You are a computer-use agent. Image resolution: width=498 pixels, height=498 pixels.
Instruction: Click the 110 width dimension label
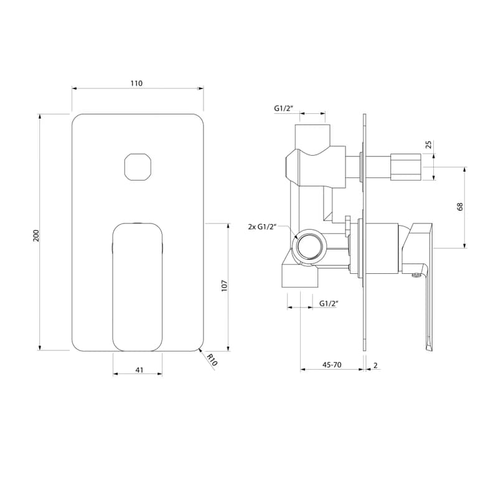coord(136,83)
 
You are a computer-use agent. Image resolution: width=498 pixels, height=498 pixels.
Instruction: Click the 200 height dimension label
coord(36,235)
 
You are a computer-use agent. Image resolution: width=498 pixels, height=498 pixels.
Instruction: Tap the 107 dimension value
coord(225,286)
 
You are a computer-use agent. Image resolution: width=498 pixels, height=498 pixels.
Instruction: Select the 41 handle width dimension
coord(139,370)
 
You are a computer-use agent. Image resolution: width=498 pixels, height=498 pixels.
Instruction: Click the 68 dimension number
coord(460,207)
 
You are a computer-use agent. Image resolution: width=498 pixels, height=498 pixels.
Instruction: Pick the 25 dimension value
coord(429,144)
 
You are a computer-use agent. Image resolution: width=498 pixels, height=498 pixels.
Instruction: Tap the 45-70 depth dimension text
coord(332,365)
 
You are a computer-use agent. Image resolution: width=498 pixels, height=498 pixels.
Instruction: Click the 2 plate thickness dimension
coord(375,365)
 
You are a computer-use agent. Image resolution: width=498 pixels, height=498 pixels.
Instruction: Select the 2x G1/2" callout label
coord(262,227)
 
